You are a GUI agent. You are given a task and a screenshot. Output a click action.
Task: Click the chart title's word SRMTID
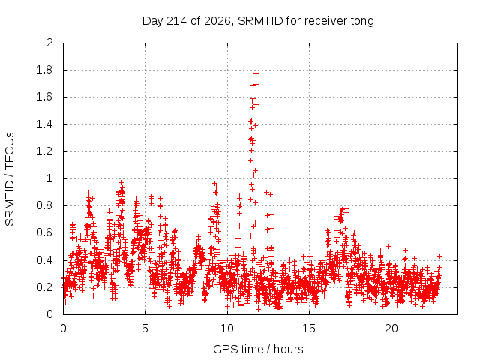click(x=260, y=21)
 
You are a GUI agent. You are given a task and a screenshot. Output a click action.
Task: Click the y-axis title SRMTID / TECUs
click(x=10, y=179)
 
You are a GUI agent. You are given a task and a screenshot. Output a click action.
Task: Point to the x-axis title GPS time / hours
click(x=258, y=349)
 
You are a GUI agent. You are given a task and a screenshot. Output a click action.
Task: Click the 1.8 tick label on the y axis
click(x=44, y=70)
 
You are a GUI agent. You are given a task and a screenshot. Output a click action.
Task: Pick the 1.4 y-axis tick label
click(x=44, y=124)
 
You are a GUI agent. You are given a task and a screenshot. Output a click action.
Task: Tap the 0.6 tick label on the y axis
click(x=44, y=232)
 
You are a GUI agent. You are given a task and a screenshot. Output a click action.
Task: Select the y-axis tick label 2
click(x=50, y=43)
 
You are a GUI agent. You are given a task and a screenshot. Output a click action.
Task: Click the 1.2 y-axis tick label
click(x=44, y=151)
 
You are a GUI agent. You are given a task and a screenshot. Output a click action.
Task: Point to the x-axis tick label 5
click(x=145, y=328)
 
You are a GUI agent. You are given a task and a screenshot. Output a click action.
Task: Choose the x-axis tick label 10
click(x=227, y=328)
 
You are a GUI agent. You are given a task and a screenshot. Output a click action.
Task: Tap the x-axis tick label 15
click(x=309, y=328)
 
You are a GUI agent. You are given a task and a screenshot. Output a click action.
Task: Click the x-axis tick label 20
click(x=391, y=328)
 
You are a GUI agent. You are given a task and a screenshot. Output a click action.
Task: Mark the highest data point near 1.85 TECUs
click(x=256, y=61)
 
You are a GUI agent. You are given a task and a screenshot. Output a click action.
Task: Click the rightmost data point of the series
click(x=439, y=256)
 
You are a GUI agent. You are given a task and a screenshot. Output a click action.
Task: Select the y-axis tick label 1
click(x=50, y=178)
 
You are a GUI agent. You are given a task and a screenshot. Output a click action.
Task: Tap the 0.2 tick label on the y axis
click(x=44, y=287)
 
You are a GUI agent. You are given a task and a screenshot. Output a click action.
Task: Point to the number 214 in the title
click(x=177, y=21)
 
